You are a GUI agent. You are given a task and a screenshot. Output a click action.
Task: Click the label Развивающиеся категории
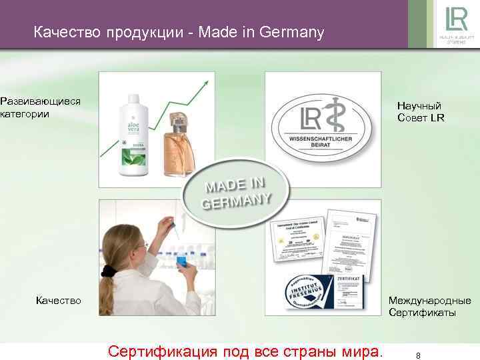(41, 107)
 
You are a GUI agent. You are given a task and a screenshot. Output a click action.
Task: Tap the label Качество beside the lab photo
(59, 300)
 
